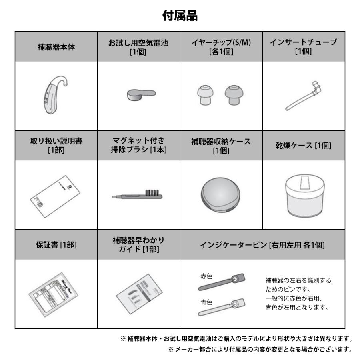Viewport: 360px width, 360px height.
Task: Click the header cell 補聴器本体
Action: tap(56, 47)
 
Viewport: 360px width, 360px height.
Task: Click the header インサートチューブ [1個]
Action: tap(303, 47)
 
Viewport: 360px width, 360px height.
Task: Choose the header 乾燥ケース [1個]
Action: tap(303, 146)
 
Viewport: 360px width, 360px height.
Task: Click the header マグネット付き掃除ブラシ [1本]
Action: tap(138, 146)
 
